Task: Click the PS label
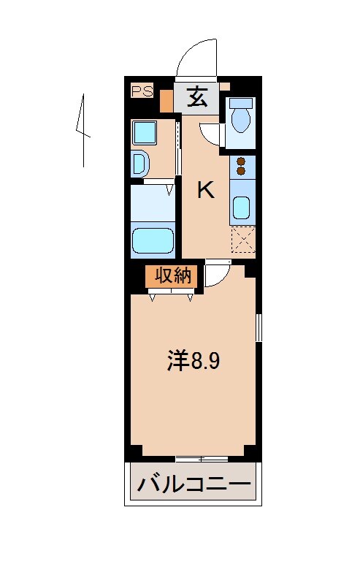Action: tap(142, 91)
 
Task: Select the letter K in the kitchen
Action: tap(206, 191)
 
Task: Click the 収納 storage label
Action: tap(172, 275)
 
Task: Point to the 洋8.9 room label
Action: tap(193, 361)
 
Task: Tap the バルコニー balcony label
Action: tap(194, 484)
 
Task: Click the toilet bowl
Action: tap(240, 119)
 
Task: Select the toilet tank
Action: tap(240, 103)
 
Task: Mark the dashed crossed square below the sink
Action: tap(242, 240)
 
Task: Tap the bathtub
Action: tap(153, 240)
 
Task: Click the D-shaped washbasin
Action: tap(139, 164)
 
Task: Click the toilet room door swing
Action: tap(210, 133)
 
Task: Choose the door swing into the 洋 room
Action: tap(215, 275)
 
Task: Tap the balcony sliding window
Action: tap(201, 459)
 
